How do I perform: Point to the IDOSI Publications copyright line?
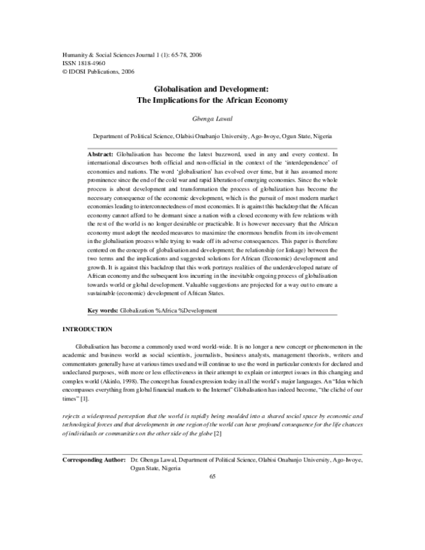click(x=89, y=71)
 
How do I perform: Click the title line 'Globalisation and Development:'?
click(x=212, y=90)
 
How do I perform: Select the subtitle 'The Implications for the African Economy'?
click(x=212, y=101)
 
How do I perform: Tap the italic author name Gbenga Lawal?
click(x=212, y=120)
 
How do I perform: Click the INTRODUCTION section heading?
click(x=87, y=330)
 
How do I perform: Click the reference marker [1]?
click(x=84, y=400)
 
